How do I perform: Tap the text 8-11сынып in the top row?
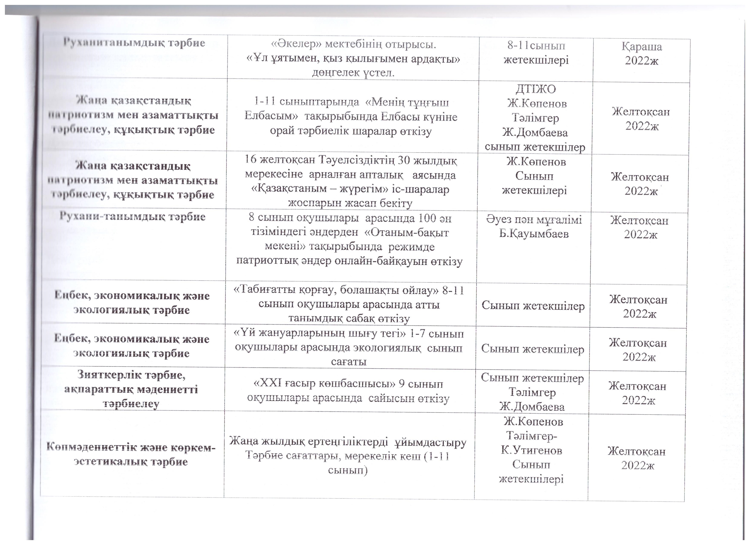click(536, 46)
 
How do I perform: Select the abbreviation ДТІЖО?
click(536, 89)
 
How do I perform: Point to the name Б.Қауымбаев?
click(534, 234)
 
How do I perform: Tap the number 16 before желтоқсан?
click(251, 160)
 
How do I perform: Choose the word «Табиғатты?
click(264, 290)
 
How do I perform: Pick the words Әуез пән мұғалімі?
click(534, 220)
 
